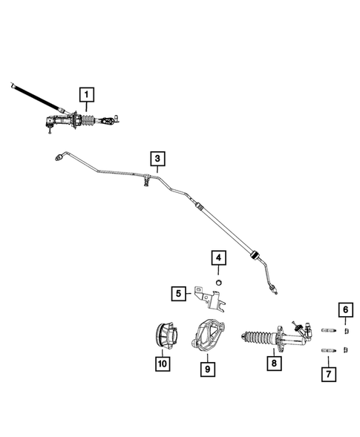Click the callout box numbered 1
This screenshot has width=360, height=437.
[x=88, y=94]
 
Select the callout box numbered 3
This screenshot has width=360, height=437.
[x=157, y=157]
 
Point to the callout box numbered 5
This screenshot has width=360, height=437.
[x=179, y=294]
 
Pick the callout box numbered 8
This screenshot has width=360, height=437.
[x=274, y=364]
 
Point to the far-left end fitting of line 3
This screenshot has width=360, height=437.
[x=59, y=157]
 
